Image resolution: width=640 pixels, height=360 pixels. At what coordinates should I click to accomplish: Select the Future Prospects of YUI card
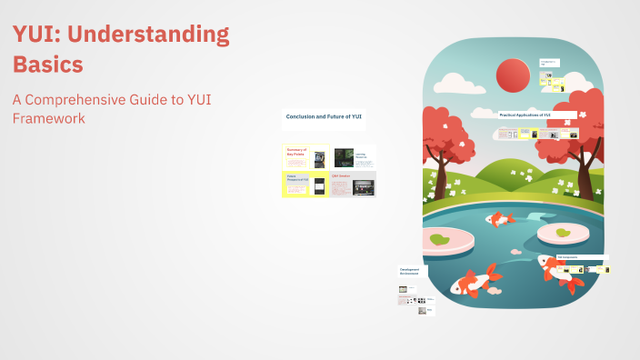tap(297, 179)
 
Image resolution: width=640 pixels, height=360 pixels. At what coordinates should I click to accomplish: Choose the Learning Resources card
tap(360, 157)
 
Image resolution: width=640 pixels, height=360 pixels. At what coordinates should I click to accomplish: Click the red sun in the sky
tap(513, 75)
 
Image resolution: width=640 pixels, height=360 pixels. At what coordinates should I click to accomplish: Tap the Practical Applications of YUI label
tap(525, 115)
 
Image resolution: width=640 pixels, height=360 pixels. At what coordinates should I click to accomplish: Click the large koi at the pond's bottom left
tap(475, 279)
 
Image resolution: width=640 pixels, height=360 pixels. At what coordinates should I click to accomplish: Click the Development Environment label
tap(408, 271)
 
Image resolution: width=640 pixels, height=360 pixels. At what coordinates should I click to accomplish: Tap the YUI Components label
tap(567, 257)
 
